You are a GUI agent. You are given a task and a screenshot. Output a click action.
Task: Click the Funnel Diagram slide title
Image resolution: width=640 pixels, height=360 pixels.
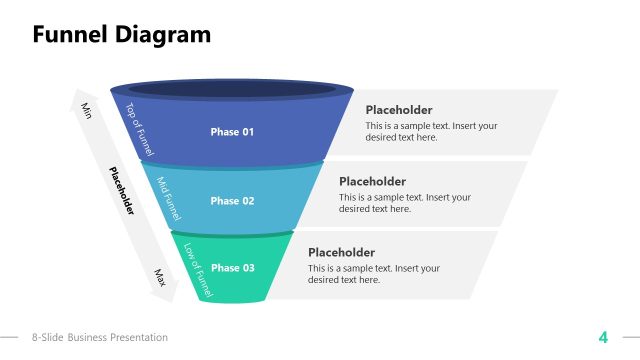coord(122,35)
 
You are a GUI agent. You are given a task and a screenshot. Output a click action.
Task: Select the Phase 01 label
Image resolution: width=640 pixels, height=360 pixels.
coord(232,132)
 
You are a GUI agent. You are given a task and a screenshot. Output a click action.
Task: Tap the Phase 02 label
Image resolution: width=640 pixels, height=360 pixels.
coord(232,201)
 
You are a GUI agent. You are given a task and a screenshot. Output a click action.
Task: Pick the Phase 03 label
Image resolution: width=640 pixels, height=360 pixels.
coord(232,268)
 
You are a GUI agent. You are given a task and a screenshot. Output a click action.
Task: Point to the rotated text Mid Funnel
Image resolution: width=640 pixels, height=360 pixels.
coord(170,199)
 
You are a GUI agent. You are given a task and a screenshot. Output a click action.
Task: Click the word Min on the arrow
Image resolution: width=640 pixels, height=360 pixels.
coord(86,109)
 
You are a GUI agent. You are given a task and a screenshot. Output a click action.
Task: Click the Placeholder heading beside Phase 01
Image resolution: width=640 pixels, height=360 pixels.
coord(399,110)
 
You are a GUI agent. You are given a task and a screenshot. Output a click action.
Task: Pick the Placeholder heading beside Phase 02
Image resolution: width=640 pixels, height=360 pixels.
coord(372,181)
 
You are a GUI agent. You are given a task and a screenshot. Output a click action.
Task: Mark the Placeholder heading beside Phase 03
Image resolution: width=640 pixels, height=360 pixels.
coord(342,253)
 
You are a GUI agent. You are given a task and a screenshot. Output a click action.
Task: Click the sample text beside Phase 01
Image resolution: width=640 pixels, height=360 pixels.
coord(431,132)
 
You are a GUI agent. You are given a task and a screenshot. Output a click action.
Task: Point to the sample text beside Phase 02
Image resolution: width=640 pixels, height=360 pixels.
coord(404,203)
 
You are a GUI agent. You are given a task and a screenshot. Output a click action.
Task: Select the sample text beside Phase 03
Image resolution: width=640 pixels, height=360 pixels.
coord(373,274)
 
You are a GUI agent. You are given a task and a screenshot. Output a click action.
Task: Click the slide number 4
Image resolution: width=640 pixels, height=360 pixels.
coord(603,337)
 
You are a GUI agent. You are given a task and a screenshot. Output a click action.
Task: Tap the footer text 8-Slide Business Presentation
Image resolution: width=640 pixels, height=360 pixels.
coord(100,338)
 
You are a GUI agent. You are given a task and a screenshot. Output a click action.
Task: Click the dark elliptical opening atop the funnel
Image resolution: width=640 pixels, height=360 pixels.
coord(232,89)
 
